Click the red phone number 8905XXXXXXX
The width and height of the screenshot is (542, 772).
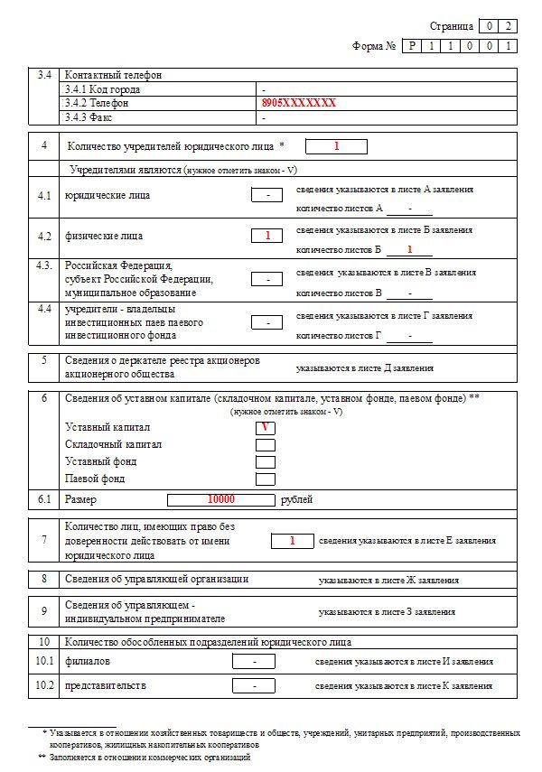298,104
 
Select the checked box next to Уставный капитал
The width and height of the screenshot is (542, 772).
266,428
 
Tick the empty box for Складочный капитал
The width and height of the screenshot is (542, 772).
266,445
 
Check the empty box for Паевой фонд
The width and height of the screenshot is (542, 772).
266,479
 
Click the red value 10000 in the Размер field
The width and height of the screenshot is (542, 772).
220,499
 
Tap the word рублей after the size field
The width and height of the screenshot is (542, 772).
298,499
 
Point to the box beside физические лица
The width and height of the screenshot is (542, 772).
268,236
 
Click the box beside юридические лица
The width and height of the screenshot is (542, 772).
268,195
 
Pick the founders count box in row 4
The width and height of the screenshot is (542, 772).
336,146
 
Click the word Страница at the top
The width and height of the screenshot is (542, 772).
451,26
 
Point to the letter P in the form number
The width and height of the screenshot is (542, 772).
412,46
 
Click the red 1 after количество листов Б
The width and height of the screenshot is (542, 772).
409,249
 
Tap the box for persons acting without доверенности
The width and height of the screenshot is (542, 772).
293,541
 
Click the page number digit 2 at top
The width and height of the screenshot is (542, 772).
510,26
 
